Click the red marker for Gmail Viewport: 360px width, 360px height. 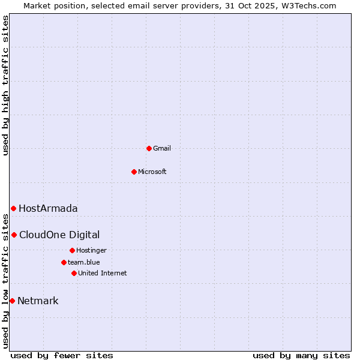click(149, 148)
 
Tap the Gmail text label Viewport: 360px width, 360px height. click(162, 148)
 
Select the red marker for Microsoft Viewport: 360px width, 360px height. click(134, 172)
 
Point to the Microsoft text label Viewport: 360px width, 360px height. click(152, 172)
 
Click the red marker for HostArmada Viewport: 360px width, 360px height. click(13, 208)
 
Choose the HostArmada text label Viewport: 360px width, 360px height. click(48, 209)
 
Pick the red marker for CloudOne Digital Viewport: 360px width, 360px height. click(14, 235)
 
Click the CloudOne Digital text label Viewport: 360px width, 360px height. click(59, 235)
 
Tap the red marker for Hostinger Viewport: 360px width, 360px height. click(72, 250)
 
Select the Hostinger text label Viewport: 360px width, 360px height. click(91, 250)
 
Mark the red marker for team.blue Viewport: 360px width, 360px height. click(64, 262)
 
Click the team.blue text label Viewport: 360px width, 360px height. click(84, 262)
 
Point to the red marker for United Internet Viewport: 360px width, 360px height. click(74, 273)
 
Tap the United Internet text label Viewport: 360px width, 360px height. click(103, 273)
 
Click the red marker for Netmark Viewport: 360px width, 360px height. click(12, 301)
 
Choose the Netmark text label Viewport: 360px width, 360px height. click(38, 301)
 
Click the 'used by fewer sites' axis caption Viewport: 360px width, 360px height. click(62, 356)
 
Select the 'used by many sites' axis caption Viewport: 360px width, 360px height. click(301, 356)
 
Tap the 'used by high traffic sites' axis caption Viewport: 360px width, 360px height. click(5, 85)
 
